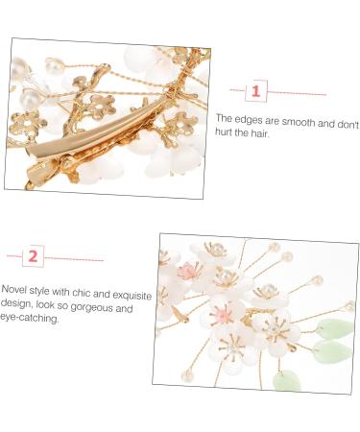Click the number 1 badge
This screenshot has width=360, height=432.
click(255, 92)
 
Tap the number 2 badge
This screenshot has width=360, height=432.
click(34, 256)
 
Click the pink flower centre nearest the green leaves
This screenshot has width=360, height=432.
click(224, 316)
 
